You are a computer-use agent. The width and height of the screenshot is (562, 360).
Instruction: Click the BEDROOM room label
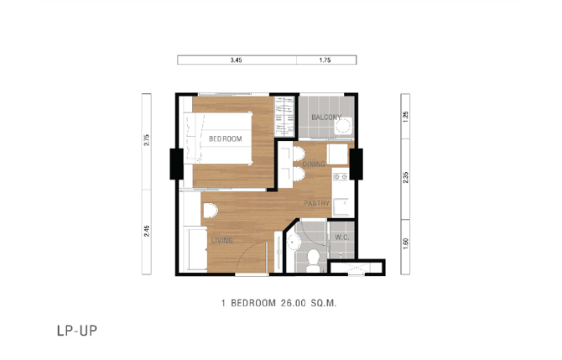[226, 138]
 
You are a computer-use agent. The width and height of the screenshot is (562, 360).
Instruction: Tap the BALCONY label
[326, 117]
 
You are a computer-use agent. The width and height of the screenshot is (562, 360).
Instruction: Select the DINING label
[314, 164]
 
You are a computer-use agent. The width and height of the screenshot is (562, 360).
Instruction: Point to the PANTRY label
[316, 203]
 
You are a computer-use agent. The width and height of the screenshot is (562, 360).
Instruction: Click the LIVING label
[221, 240]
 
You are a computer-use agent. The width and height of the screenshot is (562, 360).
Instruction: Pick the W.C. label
[342, 237]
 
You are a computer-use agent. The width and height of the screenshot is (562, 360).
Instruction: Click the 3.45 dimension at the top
[236, 60]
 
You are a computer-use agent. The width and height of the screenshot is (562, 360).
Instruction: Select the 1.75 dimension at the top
[325, 60]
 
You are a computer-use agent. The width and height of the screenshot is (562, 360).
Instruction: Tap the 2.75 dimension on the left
[147, 140]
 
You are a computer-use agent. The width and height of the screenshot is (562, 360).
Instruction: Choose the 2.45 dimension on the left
[147, 231]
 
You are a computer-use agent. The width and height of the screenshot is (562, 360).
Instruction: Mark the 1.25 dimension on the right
[406, 117]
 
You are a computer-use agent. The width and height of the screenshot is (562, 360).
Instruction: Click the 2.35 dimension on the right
[406, 178]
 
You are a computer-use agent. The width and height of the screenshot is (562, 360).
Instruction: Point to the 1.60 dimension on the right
[406, 243]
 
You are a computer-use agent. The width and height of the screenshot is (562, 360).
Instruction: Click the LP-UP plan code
[77, 331]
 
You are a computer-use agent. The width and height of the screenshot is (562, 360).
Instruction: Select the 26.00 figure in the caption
[294, 303]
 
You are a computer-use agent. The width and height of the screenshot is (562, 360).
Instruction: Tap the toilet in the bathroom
[313, 260]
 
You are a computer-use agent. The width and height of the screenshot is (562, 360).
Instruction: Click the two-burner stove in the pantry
[341, 176]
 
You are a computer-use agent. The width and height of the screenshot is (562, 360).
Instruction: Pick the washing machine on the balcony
[343, 126]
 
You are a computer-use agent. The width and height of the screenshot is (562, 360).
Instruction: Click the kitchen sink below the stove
[341, 206]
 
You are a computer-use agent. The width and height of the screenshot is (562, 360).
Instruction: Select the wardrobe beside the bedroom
[284, 116]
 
